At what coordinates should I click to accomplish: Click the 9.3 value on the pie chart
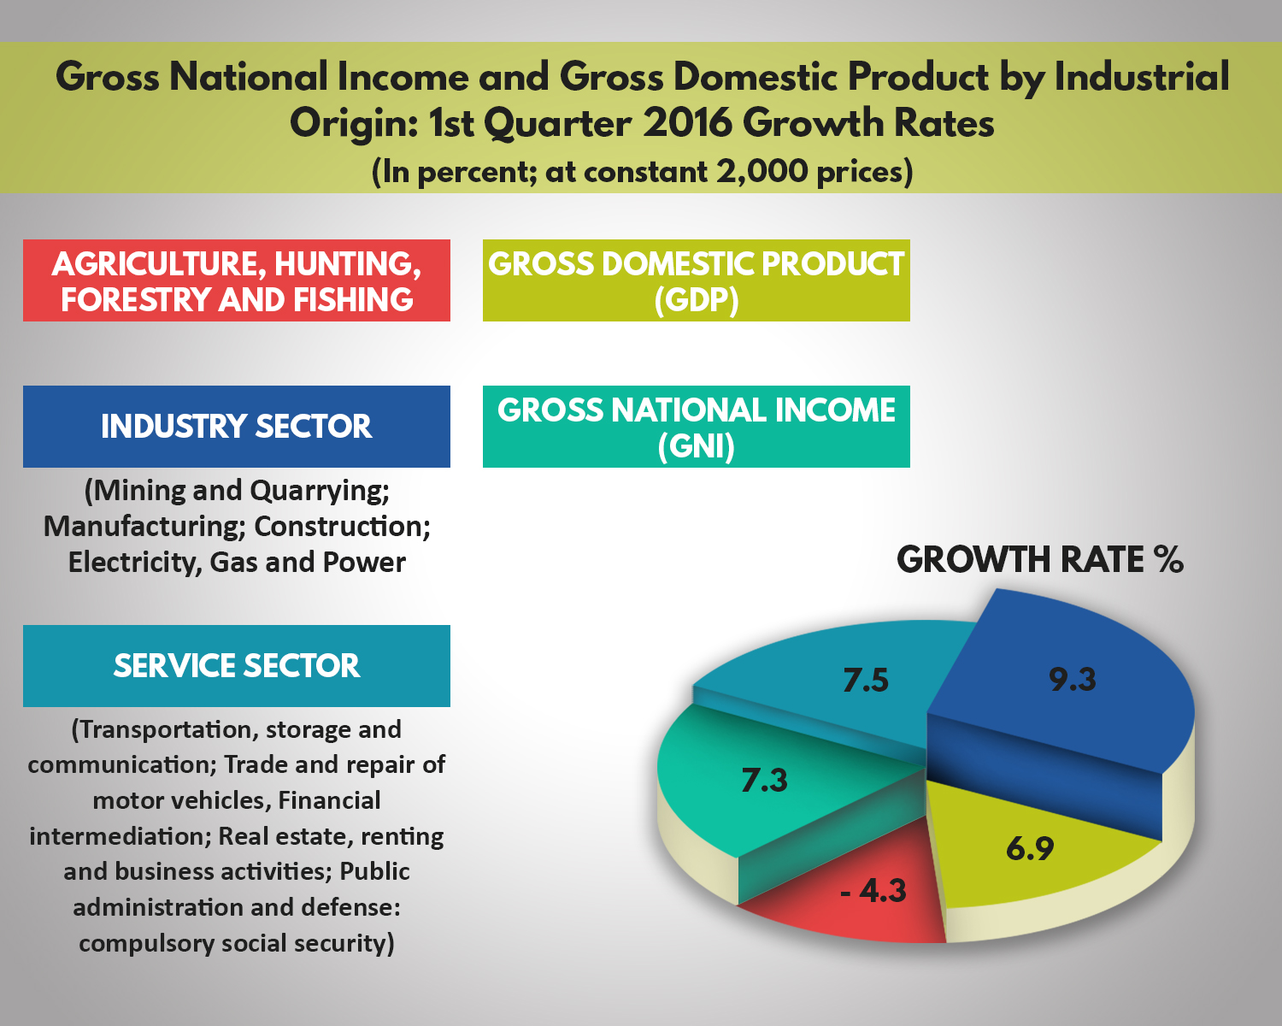coord(1073,680)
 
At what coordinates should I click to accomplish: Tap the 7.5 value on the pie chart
coord(866,681)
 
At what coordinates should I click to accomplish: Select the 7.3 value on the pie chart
coord(764,780)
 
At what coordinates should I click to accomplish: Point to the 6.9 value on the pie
coord(1030,848)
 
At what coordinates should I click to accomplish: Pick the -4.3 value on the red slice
coord(873,891)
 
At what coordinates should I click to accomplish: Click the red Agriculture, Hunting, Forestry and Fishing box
coord(237,280)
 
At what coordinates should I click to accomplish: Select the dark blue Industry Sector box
coord(237,427)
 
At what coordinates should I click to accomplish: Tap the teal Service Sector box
coord(237,666)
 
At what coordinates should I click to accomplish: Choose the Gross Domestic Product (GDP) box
coord(696,280)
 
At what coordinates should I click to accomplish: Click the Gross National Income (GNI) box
coord(696,427)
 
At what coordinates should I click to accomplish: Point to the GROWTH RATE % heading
coord(1039,560)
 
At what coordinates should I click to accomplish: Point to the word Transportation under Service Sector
coord(166,730)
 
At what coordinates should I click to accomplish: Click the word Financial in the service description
coord(329,801)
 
